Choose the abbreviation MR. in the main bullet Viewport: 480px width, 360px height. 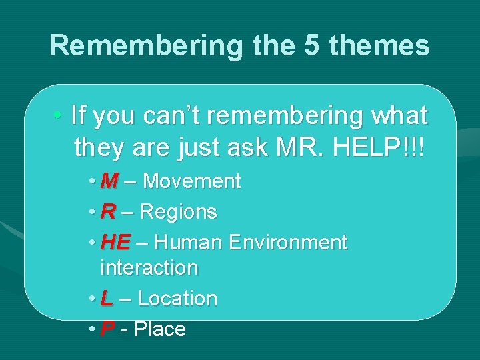298,145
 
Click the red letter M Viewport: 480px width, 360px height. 110,181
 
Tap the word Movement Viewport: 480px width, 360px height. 191,181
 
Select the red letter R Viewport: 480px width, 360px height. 108,211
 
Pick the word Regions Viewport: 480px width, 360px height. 178,212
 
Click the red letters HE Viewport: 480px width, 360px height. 115,243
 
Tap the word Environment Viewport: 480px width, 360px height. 289,243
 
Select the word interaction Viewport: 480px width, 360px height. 149,268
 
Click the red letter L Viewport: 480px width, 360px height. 107,299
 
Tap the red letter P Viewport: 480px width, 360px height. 107,329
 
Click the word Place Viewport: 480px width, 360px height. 160,329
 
